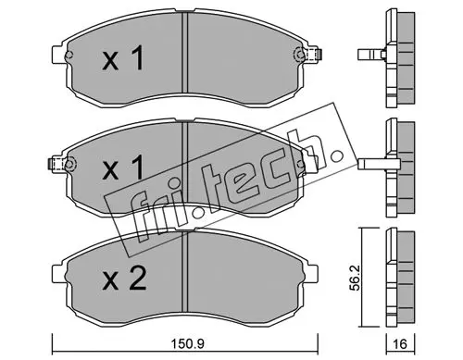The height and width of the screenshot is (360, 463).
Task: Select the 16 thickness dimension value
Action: click(401, 343)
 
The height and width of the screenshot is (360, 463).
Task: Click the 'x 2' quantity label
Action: click(124, 279)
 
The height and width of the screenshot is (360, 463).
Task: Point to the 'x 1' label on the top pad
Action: click(123, 57)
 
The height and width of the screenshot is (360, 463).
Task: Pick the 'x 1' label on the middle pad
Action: click(123, 167)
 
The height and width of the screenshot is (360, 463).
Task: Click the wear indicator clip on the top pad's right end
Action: click(314, 55)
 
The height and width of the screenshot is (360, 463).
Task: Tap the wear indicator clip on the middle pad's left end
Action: click(57, 164)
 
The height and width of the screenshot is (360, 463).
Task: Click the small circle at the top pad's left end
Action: click(69, 56)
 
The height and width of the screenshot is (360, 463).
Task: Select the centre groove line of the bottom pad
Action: click(185, 272)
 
